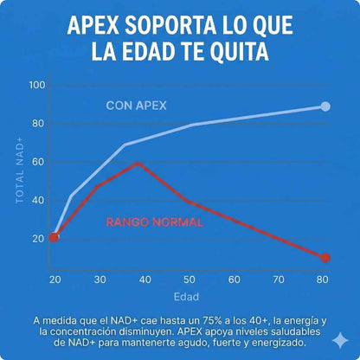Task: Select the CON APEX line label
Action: point(137,106)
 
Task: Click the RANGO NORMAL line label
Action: point(155,222)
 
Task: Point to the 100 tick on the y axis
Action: point(35,85)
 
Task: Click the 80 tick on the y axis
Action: point(38,123)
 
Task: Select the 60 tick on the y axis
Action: point(38,162)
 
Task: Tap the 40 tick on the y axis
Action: point(38,200)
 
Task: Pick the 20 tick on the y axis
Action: point(38,238)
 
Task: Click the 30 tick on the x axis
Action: point(99,280)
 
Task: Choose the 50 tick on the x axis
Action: point(190,280)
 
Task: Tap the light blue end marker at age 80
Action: point(325,106)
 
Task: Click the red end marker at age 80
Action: point(325,258)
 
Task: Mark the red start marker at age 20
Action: point(54,237)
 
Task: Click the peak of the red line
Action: point(137,163)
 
